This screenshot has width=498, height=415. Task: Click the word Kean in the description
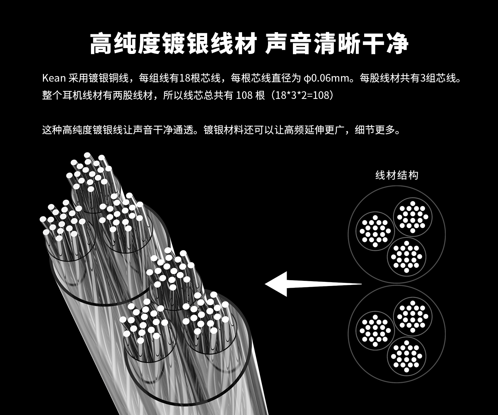tap(54, 78)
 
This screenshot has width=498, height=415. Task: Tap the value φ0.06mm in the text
tap(327, 78)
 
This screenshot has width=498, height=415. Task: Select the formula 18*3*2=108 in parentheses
tap(302, 95)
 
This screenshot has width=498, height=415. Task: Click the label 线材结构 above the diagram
tap(397, 175)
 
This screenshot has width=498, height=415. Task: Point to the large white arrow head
tap(277, 284)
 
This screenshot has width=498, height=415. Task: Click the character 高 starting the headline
tap(101, 44)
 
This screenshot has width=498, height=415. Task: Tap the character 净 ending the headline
tap(397, 44)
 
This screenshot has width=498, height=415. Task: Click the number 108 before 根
tap(244, 95)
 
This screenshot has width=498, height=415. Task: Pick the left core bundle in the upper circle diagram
tap(375, 231)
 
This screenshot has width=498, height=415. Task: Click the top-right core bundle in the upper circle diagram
tap(413, 217)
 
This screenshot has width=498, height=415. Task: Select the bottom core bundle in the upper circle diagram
tap(406, 257)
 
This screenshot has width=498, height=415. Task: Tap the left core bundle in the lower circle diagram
tap(375, 331)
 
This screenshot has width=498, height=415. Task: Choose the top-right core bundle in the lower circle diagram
tap(413, 316)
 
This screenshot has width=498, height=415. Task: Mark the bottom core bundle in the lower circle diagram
tap(406, 356)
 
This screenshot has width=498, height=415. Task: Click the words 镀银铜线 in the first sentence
tap(109, 78)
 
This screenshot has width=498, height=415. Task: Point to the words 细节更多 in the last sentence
tap(375, 130)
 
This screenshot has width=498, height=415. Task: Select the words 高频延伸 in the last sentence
tap(304, 130)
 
